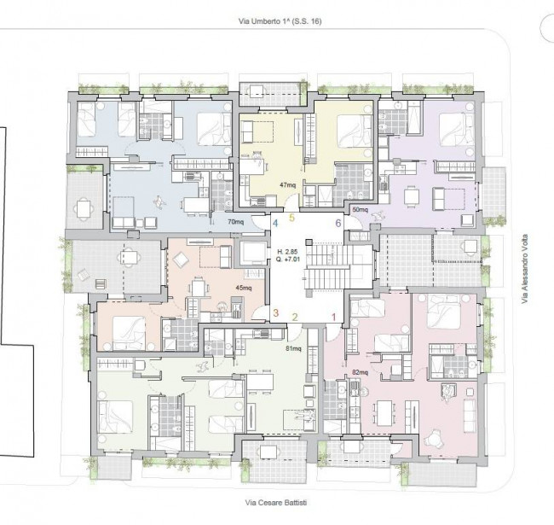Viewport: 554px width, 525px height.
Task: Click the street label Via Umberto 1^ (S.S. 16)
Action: [x=280, y=21]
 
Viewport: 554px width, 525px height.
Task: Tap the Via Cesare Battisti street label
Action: [x=276, y=502]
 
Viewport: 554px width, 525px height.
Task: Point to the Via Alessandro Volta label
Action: [x=525, y=269]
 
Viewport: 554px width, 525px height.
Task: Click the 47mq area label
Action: [x=288, y=184]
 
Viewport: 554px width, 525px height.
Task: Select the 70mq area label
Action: [x=235, y=222]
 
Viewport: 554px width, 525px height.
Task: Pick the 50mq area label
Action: [x=360, y=210]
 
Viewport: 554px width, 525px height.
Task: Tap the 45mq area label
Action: [x=244, y=288]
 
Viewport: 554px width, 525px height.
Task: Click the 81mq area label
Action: [x=293, y=349]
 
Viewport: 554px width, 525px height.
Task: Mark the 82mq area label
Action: [x=360, y=372]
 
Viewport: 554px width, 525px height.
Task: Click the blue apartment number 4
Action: [x=275, y=223]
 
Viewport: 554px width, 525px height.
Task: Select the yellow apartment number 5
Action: [x=291, y=218]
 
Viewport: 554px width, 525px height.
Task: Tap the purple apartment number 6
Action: [x=338, y=223]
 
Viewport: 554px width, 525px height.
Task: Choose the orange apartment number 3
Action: [x=275, y=313]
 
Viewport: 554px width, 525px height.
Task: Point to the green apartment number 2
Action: [x=295, y=317]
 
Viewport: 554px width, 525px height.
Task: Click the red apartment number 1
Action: [x=333, y=317]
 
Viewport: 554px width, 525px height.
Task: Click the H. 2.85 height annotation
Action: [x=287, y=252]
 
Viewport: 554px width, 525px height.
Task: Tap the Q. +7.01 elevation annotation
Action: [x=288, y=259]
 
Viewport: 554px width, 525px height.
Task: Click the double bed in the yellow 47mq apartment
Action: [x=354, y=131]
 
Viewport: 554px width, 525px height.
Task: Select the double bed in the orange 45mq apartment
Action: [x=129, y=333]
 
